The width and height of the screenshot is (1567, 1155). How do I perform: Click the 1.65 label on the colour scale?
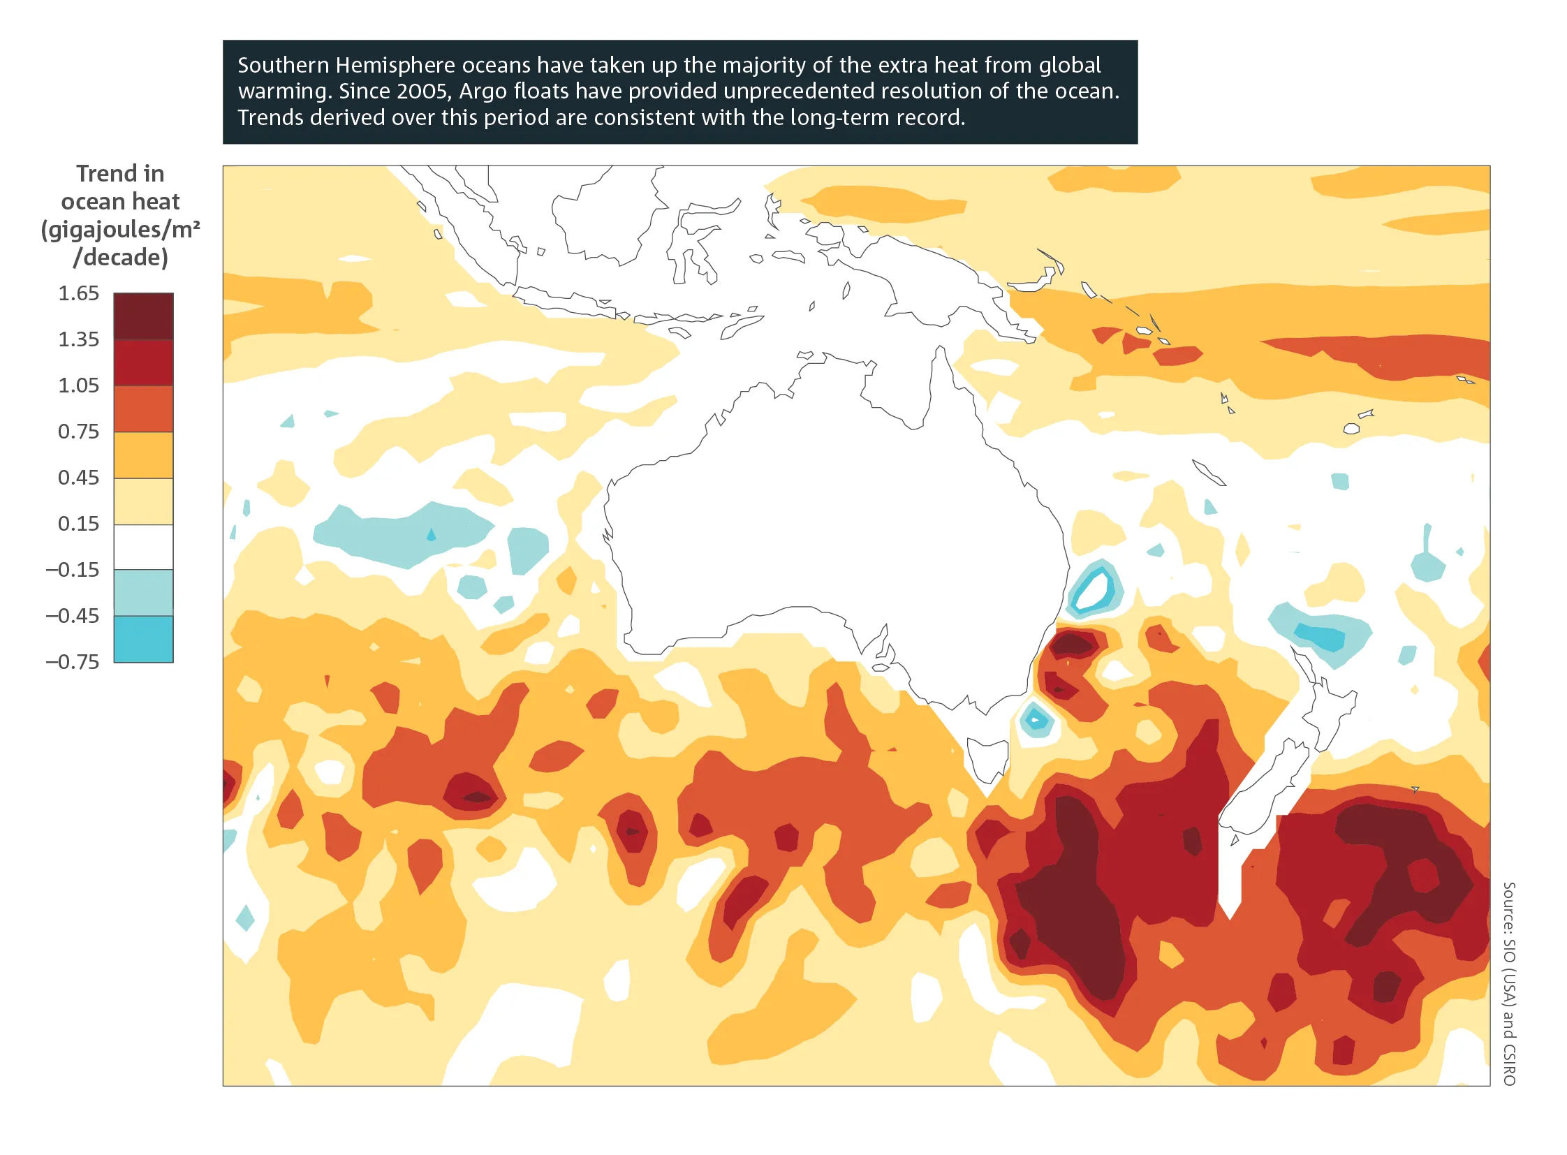pos(78,293)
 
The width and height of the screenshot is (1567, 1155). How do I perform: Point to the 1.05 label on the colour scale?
pos(78,385)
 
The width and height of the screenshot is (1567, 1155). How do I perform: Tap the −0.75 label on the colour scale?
pos(73,661)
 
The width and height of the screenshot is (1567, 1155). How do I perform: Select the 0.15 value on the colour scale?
pos(78,524)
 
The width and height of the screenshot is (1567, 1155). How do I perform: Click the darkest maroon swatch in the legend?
pos(143,316)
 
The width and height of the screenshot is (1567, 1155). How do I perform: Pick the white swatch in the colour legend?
pos(143,547)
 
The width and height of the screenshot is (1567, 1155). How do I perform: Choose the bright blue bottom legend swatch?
pos(143,639)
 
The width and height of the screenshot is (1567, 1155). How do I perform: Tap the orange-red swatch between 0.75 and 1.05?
pos(143,409)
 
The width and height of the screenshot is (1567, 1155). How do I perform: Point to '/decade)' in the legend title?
pos(120,257)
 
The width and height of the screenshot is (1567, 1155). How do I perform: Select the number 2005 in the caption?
pos(423,91)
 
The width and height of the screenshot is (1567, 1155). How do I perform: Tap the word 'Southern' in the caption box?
pos(284,65)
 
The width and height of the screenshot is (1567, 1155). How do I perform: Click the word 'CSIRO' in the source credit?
pos(1509,1064)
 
